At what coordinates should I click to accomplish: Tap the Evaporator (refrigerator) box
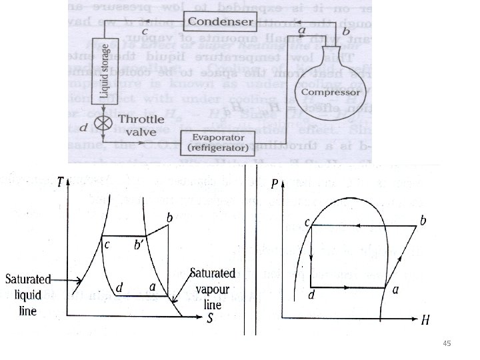click(x=219, y=142)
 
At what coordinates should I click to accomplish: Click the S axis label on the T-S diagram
click(x=210, y=318)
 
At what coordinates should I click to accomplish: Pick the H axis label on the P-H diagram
click(x=425, y=319)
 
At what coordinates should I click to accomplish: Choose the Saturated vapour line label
click(x=213, y=289)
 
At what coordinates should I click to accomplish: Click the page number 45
click(x=447, y=343)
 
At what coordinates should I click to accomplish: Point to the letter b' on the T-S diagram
click(x=139, y=245)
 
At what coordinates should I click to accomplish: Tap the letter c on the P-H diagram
click(x=307, y=225)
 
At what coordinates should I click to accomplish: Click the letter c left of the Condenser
click(x=145, y=31)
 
